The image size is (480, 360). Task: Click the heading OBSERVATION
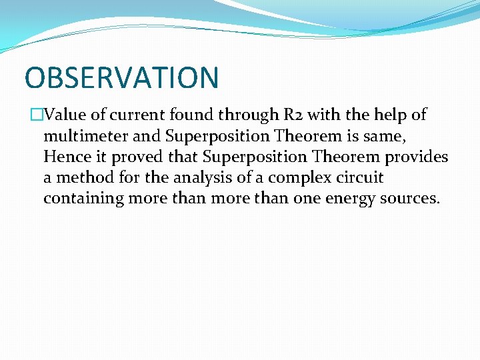121,77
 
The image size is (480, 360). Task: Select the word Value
61,115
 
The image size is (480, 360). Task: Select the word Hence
65,157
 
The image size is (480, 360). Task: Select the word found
188,115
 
